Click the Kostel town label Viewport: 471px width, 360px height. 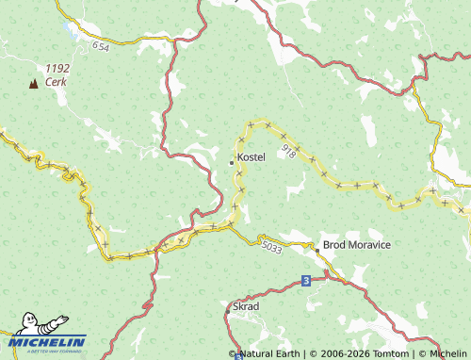(252, 156)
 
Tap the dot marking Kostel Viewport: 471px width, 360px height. (232, 162)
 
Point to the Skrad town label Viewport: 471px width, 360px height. (246, 307)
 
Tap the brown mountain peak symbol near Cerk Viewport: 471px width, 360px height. (34, 83)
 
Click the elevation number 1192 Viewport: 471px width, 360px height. (57, 69)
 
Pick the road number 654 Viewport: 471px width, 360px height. (102, 44)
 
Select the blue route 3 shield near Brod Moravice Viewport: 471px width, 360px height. (305, 281)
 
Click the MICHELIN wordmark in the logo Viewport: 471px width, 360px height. (49, 342)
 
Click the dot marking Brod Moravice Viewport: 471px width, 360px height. (316, 246)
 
